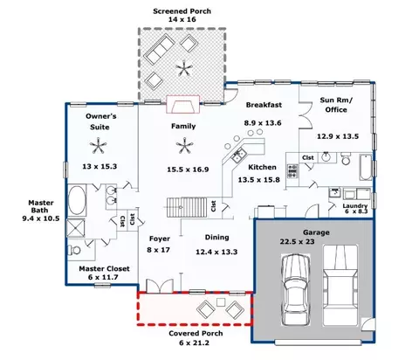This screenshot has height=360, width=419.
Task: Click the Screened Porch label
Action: pyautogui.click(x=182, y=11)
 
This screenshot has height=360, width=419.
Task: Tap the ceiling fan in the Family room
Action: pyautogui.click(x=184, y=146)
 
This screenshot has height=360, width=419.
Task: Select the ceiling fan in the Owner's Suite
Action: pyautogui.click(x=99, y=145)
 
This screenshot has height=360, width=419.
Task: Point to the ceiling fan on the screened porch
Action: pyautogui.click(x=184, y=68)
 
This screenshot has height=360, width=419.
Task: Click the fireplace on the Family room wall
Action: pyautogui.click(x=183, y=104)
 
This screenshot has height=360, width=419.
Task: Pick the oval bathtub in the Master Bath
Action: pyautogui.click(x=77, y=200)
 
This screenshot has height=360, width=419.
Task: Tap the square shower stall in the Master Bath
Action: pyautogui.click(x=76, y=228)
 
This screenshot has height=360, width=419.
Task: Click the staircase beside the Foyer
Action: pyautogui.click(x=187, y=207)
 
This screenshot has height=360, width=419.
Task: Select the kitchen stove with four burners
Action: pyautogui.click(x=292, y=171)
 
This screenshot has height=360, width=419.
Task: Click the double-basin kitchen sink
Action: pyautogui.click(x=239, y=156)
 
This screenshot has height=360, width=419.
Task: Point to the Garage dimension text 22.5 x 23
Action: pyautogui.click(x=297, y=241)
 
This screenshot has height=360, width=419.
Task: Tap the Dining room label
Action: pyautogui.click(x=216, y=238)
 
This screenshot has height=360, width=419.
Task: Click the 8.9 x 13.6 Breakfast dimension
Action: pyautogui.click(x=263, y=123)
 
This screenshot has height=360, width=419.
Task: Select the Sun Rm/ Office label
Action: pyautogui.click(x=336, y=105)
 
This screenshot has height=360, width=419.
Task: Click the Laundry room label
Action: pyautogui.click(x=355, y=206)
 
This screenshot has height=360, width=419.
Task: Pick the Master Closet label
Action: pyautogui.click(x=104, y=269)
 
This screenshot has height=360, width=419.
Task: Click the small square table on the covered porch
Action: pyautogui.click(x=221, y=302)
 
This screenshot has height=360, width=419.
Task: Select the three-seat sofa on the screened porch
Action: pyautogui.click(x=160, y=50)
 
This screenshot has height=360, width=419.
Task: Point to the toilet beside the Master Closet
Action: pyautogui.click(x=74, y=250)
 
